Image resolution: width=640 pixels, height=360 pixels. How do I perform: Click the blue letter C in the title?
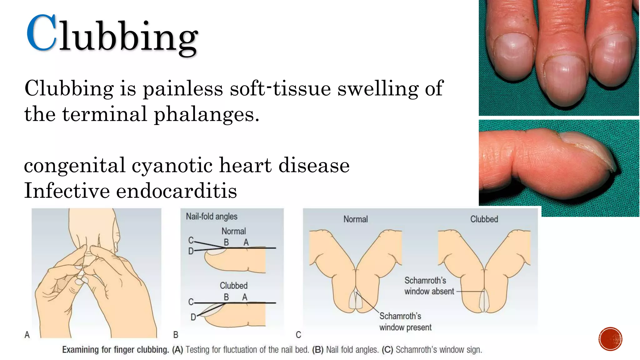click(42, 33)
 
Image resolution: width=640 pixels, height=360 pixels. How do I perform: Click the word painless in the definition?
click(183, 88)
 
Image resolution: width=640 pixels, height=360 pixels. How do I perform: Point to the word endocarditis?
click(177, 191)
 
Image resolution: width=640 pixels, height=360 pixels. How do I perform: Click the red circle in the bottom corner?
click(610, 339)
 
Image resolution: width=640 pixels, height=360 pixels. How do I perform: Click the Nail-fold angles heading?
click(212, 217)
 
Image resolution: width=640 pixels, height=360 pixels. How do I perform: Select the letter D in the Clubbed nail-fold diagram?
click(193, 317)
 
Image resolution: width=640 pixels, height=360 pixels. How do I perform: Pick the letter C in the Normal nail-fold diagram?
click(191, 240)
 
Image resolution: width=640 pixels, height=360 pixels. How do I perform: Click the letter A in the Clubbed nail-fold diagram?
click(245, 297)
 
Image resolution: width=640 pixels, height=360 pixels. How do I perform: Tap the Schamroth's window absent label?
click(429, 286)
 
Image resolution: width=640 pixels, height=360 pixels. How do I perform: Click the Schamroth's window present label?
click(405, 322)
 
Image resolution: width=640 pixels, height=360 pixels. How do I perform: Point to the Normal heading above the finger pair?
click(355, 219)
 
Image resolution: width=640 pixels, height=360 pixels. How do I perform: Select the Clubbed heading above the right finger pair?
click(484, 219)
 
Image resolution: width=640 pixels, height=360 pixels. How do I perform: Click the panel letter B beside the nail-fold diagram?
click(176, 335)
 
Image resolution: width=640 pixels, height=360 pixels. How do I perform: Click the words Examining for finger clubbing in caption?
click(116, 350)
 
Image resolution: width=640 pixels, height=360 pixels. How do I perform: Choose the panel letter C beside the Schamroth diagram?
click(298, 335)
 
